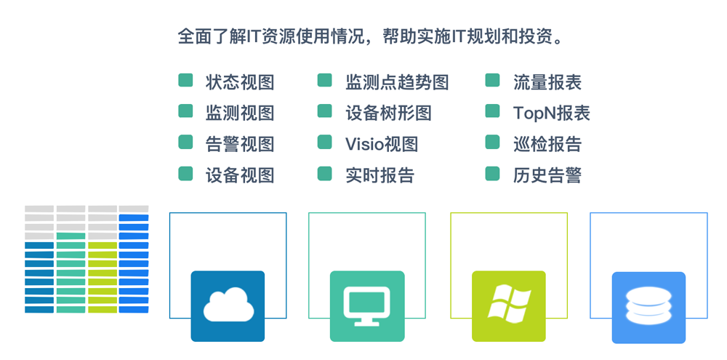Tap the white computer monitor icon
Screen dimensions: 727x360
[367, 305]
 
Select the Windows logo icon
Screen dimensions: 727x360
[509, 303]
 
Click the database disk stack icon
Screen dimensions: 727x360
[648, 306]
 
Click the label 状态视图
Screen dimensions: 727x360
[240, 82]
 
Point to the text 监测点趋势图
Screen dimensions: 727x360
[397, 82]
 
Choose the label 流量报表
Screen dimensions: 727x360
[547, 82]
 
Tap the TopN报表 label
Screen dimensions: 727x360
[551, 113]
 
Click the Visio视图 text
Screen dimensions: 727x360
[382, 144]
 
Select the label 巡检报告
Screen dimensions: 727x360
[547, 144]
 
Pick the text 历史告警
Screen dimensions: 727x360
[547, 175]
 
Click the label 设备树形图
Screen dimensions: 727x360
[388, 113]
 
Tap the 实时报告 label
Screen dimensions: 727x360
[379, 175]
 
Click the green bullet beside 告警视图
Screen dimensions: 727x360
[185, 142]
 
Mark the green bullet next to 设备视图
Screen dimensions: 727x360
[185, 174]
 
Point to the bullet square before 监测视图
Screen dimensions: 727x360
[185, 111]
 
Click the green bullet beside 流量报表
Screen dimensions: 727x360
[492, 80]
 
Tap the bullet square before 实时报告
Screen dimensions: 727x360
[324, 174]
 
